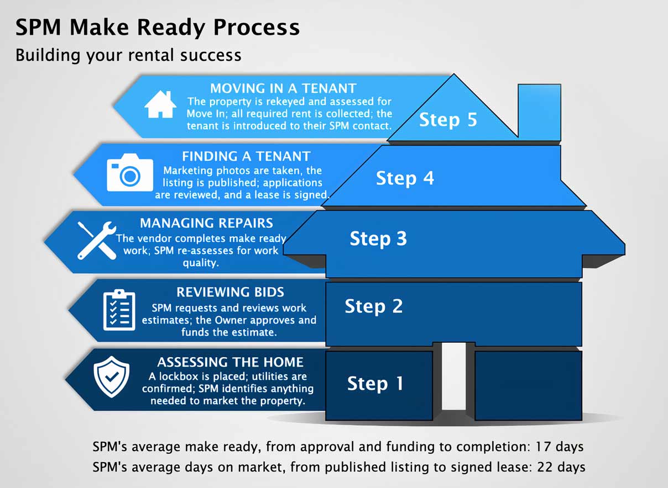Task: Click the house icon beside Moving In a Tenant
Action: [160, 104]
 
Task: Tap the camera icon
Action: [130, 173]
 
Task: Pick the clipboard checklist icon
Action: [119, 310]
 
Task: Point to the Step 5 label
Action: [448, 120]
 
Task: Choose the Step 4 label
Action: [405, 178]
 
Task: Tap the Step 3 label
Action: [378, 238]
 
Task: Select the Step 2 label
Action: [373, 306]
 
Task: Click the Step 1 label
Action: [375, 383]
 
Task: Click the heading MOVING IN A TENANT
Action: [283, 88]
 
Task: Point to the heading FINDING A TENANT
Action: [246, 156]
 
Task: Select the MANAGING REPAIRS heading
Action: [206, 223]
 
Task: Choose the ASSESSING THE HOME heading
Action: [230, 362]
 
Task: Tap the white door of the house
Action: [454, 375]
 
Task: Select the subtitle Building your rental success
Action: [128, 55]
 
